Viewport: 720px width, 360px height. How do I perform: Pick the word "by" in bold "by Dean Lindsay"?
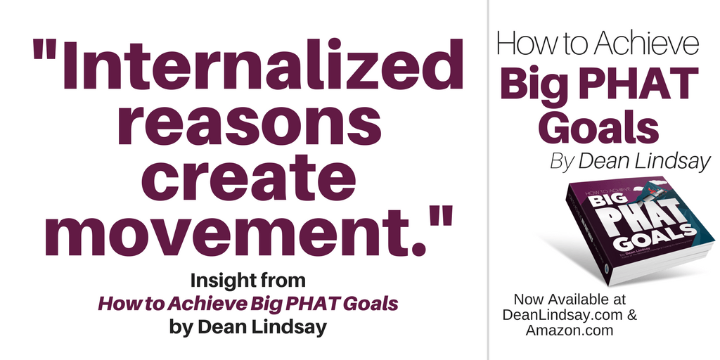[178, 328]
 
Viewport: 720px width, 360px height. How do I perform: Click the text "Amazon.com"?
[570, 330]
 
